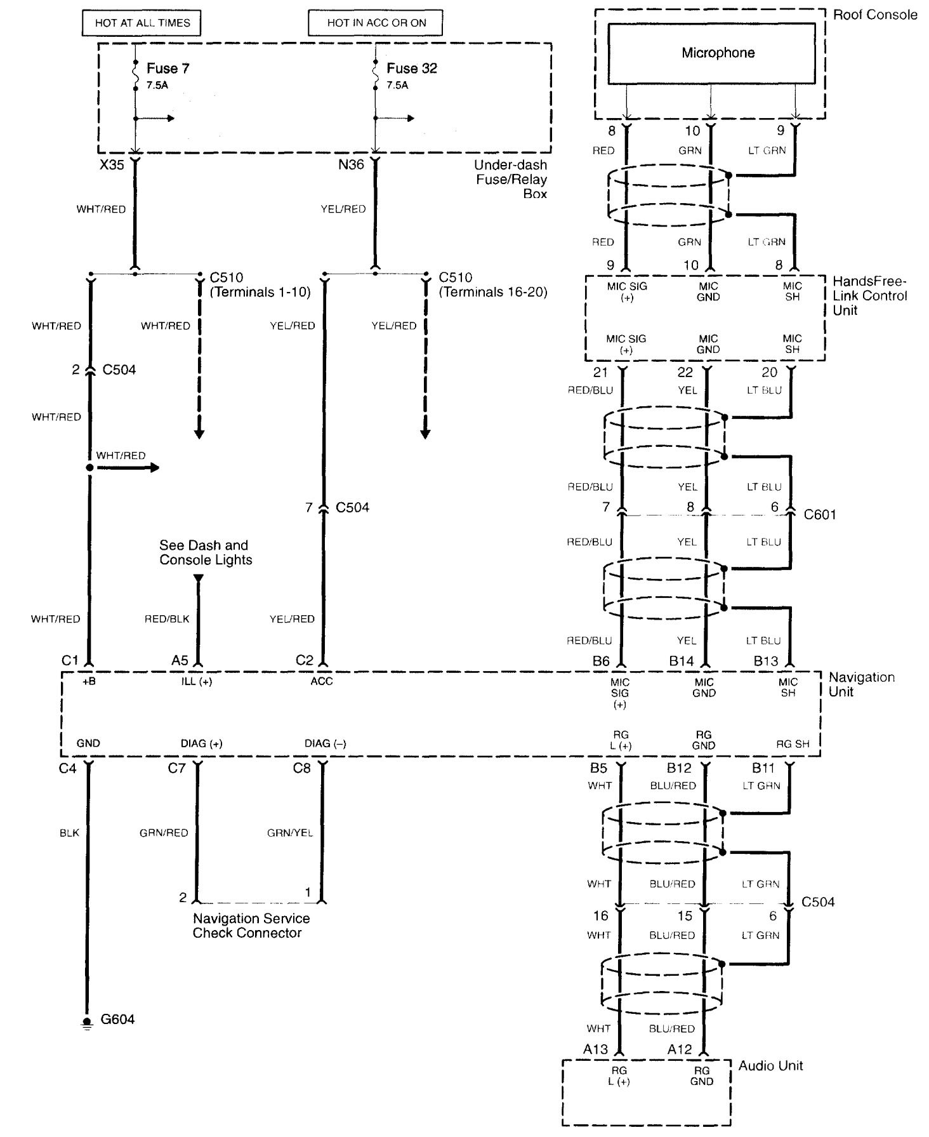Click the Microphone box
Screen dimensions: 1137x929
point(711,53)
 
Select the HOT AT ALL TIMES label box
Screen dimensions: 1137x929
point(142,23)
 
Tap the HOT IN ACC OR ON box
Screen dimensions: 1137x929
point(376,23)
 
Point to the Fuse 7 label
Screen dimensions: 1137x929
point(168,69)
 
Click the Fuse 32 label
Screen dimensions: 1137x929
point(411,69)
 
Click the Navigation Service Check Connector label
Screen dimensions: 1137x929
point(251,926)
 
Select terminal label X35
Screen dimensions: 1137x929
point(112,165)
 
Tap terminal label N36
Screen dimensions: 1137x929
point(351,165)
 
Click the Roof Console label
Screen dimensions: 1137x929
point(874,15)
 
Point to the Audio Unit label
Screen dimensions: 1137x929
point(770,1066)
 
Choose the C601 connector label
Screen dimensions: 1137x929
point(820,514)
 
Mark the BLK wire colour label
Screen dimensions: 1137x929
point(69,833)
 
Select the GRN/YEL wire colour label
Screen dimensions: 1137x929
point(290,833)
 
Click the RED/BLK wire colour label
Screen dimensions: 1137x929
point(167,619)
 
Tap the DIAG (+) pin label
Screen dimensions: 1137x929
point(201,743)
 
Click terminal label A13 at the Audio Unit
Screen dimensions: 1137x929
point(596,1049)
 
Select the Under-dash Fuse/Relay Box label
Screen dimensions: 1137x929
point(511,180)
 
